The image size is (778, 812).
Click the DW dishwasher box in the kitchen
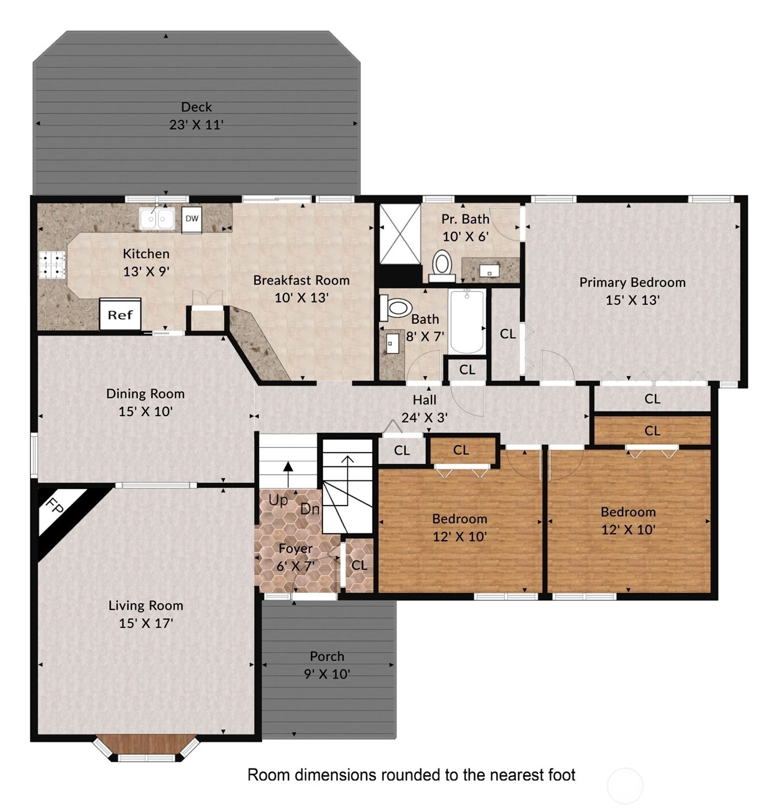click(192, 219)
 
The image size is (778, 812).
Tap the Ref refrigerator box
click(120, 314)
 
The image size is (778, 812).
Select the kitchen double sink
click(157, 219)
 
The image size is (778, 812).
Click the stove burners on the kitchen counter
click(52, 265)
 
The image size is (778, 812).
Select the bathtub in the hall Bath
click(467, 321)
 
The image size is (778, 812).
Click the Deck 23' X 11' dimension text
click(196, 125)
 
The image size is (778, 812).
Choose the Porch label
click(327, 656)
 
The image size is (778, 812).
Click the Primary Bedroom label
click(632, 282)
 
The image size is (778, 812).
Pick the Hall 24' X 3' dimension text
click(425, 417)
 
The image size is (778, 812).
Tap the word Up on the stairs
click(278, 500)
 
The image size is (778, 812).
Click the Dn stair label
click(310, 508)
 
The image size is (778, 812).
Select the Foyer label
click(295, 548)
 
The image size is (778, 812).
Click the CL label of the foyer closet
click(359, 565)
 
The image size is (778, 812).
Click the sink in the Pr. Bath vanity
click(489, 271)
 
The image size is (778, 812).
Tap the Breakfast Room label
click(302, 280)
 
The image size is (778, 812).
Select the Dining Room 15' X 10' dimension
click(146, 411)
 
